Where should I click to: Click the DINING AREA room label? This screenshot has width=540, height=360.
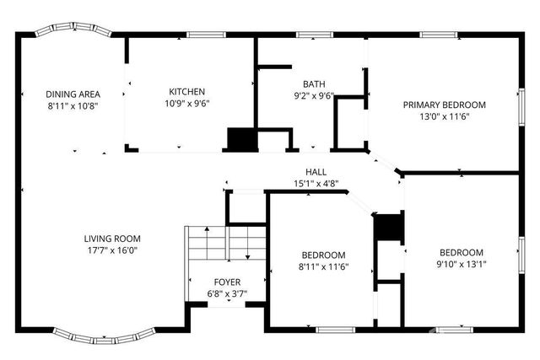coord(73,94)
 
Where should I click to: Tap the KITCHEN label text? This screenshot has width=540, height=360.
coord(186,92)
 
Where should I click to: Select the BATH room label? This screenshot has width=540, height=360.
coord(314,84)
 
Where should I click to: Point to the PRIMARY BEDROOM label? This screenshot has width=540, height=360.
coord(444,105)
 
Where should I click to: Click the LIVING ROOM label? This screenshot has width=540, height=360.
coord(111,239)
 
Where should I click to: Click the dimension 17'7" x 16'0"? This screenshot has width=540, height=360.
coord(111,250)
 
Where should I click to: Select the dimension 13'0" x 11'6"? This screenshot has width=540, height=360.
coord(444,116)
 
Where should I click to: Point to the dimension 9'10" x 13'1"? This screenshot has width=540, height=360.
coord(461,264)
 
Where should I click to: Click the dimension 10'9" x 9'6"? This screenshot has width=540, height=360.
coord(186,104)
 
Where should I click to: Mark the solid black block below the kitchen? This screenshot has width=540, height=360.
coord(240,140)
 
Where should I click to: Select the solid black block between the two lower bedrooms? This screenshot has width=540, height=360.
coord(388,228)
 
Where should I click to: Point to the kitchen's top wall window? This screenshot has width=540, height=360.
coord(200,35)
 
